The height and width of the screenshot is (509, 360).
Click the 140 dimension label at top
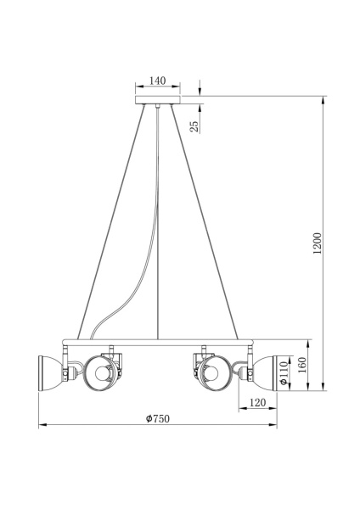pyautogui.click(x=157, y=81)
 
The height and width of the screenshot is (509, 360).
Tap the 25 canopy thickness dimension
pyautogui.click(x=194, y=126)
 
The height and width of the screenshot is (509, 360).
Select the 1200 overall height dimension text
pyautogui.click(x=317, y=244)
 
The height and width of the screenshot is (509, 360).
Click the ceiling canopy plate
pyautogui.click(x=158, y=102)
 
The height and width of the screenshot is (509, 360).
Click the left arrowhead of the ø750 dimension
pyautogui.click(x=40, y=423)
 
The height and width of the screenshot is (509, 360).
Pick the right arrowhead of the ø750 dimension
pyautogui.click(x=275, y=423)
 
